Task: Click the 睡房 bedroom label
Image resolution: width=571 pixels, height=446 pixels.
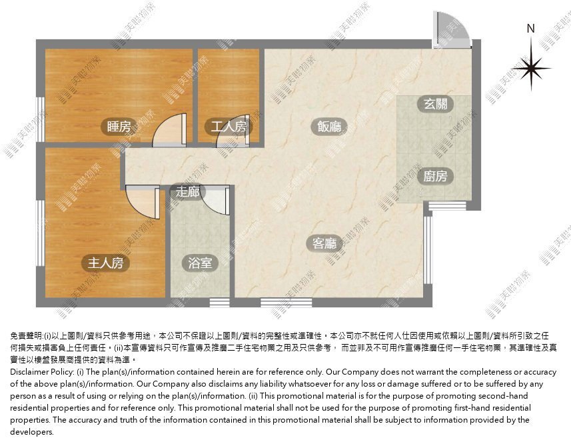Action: pos(119,127)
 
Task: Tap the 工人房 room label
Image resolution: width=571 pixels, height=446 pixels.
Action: pos(229,127)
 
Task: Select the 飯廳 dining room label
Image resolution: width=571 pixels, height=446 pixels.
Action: pos(330,127)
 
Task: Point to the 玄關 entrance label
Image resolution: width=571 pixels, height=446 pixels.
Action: pos(436,104)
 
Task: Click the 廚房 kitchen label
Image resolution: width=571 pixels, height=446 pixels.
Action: pos(436,177)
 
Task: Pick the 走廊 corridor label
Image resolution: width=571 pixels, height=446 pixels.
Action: pos(188,191)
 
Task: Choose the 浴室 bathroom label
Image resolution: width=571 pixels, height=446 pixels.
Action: pos(200,263)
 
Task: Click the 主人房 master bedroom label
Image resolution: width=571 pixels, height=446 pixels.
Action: pos(106,263)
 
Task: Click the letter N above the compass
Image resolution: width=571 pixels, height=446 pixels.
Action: pos(530,29)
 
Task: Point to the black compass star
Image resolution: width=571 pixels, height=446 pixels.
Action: pos(531,67)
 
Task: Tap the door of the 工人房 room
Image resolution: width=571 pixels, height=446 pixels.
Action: pos(233,131)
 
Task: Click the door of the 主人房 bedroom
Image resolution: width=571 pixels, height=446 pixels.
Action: pos(143,201)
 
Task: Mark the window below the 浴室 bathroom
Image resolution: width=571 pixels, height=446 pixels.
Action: pos(220,303)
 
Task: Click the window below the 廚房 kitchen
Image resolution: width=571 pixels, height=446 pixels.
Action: pos(447,206)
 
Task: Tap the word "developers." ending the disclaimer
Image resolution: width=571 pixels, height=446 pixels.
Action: pos(32,432)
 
